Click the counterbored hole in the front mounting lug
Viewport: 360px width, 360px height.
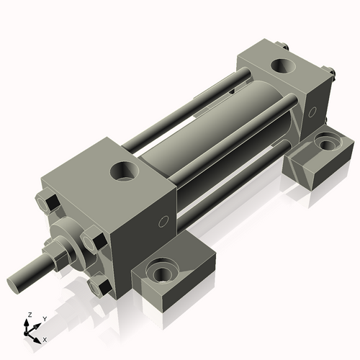158,273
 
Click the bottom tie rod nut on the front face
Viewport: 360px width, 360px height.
99,287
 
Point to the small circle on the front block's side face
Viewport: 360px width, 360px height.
163,220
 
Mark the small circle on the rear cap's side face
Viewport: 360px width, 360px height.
312,112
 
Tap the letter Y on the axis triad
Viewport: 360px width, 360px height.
44,318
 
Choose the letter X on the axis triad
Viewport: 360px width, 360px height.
45,338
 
